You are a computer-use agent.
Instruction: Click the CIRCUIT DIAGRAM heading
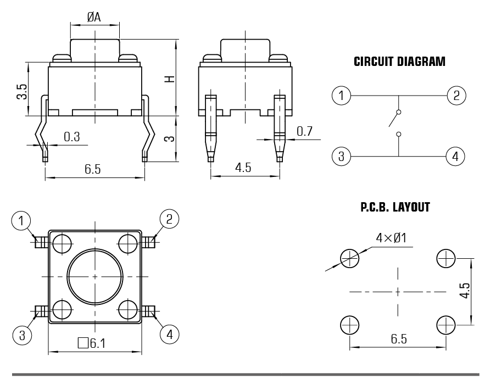click(x=399, y=62)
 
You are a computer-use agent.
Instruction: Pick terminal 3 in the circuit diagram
click(x=342, y=157)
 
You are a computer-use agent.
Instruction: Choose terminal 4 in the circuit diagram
click(x=455, y=157)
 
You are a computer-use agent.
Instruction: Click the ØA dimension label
click(x=94, y=18)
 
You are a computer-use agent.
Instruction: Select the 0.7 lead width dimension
click(x=304, y=131)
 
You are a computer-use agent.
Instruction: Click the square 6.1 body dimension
click(x=91, y=344)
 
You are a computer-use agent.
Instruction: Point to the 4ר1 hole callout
click(x=391, y=238)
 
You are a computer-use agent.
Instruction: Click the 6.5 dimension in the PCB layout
click(x=399, y=339)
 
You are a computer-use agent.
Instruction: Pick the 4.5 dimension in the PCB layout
click(x=465, y=291)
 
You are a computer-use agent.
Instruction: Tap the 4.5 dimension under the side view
click(x=243, y=168)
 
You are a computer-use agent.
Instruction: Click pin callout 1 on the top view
click(x=21, y=221)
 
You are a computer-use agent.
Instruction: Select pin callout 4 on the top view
click(x=169, y=333)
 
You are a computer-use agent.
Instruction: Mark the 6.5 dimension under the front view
click(x=93, y=169)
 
